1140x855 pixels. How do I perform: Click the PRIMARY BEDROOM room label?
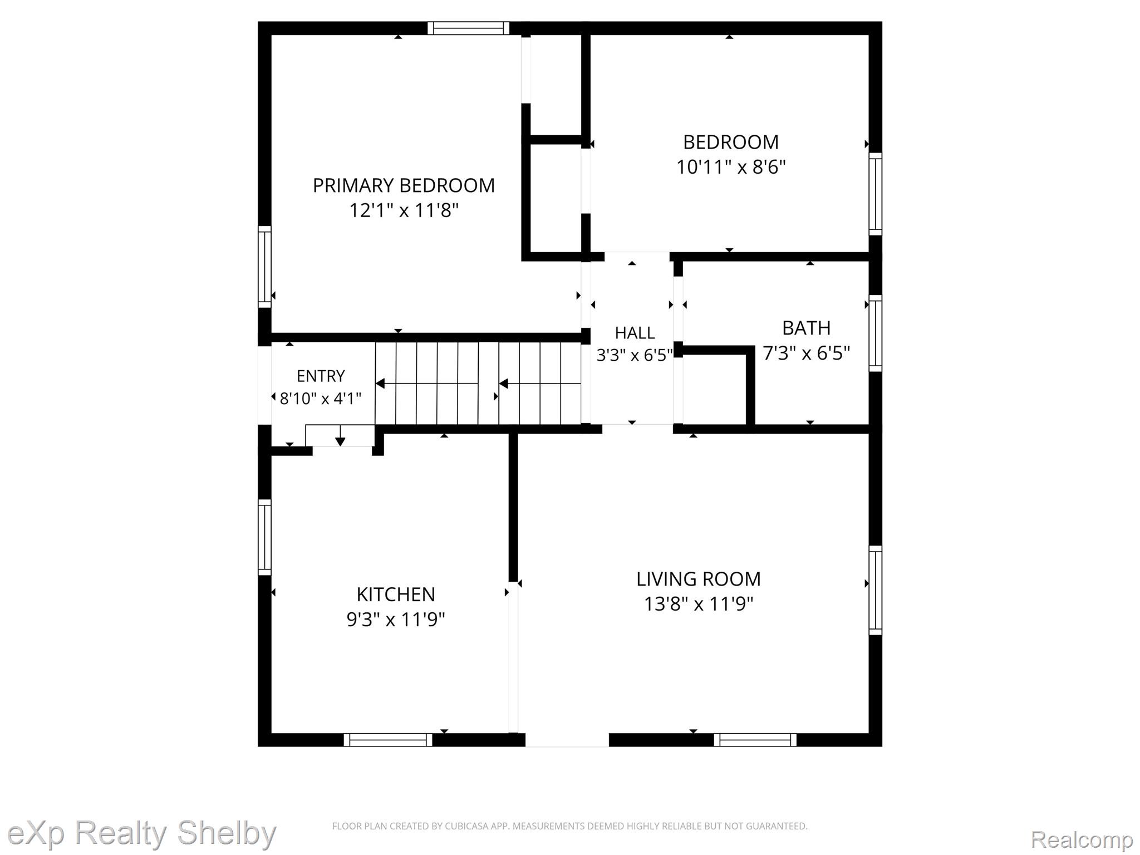(404, 185)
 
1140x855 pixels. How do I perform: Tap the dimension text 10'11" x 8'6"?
(731, 167)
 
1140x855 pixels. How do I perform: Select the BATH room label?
(806, 328)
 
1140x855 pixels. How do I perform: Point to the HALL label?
(635, 333)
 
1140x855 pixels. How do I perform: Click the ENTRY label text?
(321, 376)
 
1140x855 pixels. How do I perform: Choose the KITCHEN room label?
(396, 594)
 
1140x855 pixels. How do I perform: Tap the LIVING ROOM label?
(699, 579)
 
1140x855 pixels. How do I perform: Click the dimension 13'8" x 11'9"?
(699, 604)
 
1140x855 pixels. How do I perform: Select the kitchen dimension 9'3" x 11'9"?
(396, 620)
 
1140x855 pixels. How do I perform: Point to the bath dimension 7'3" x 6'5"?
(806, 353)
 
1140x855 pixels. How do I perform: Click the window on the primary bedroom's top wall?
(468, 28)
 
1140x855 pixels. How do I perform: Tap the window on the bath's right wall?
(876, 333)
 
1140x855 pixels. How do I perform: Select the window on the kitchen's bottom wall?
(388, 740)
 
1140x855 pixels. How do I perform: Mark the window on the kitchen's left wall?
(264, 537)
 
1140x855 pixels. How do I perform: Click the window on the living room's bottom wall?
(755, 740)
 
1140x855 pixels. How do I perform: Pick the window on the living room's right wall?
(876, 590)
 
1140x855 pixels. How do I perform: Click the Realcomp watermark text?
(1082, 839)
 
